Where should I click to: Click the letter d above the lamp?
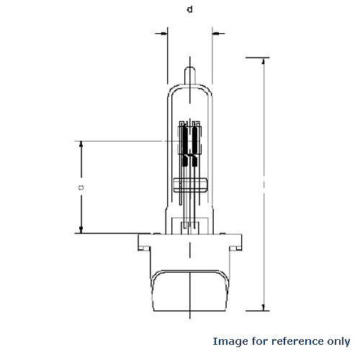(x=190, y=9)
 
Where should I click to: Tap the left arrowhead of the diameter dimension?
(x=165, y=34)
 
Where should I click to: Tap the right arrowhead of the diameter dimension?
(x=215, y=33)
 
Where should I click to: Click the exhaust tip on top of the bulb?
(x=190, y=76)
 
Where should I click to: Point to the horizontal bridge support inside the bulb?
(x=190, y=185)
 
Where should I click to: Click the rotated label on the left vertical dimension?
(x=81, y=187)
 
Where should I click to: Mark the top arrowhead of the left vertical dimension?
(x=81, y=144)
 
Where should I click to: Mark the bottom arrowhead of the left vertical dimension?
(x=81, y=230)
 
